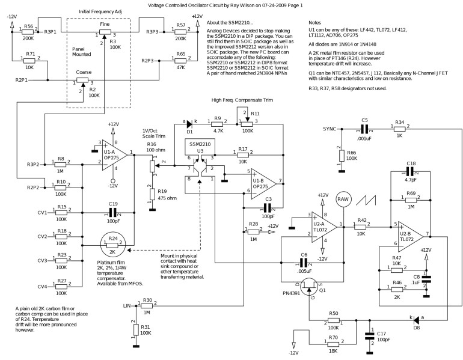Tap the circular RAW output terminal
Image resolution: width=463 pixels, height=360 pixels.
pos(343,200)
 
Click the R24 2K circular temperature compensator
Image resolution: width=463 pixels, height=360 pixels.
pos(112,245)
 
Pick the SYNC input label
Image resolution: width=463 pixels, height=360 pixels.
pos(330,129)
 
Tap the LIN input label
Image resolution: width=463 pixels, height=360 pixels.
pos(126,305)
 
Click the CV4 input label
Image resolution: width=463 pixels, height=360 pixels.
pos(41,286)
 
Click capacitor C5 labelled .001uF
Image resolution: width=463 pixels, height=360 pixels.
pos(364,129)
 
